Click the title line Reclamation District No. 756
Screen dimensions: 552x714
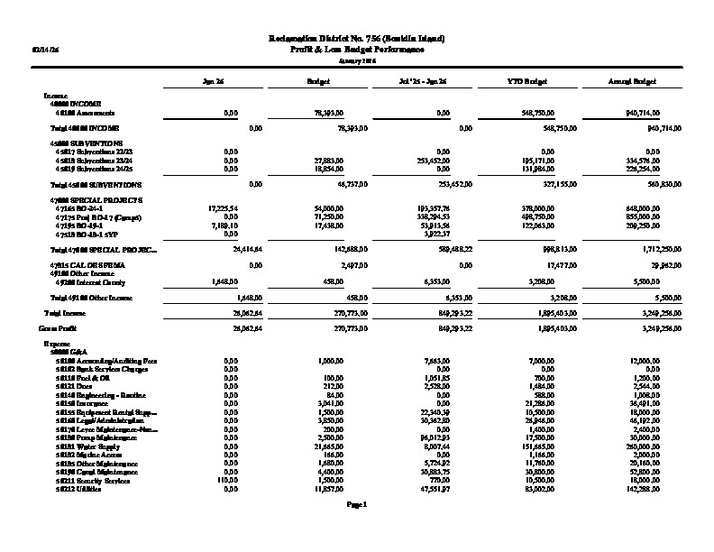tap(357, 38)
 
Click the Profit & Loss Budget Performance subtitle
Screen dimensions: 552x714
tap(357, 49)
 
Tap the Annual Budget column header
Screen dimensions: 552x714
tap(630, 81)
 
